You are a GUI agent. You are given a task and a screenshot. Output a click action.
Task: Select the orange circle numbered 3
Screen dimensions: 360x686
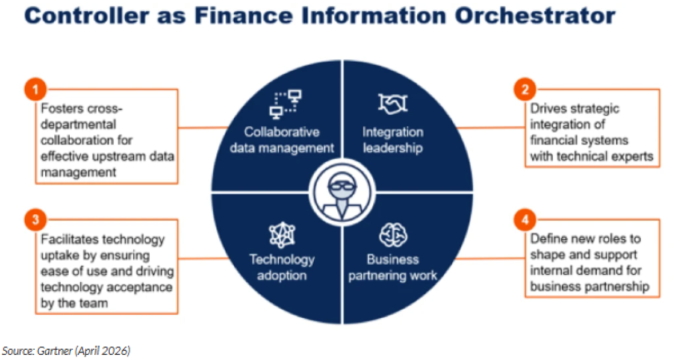pyautogui.click(x=35, y=220)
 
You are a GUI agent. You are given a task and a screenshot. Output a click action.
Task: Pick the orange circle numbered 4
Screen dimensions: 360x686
pyautogui.click(x=525, y=220)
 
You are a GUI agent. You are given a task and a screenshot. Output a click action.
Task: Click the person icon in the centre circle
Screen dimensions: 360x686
pyautogui.click(x=342, y=191)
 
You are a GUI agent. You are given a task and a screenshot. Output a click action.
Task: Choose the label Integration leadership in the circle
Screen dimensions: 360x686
pyautogui.click(x=392, y=141)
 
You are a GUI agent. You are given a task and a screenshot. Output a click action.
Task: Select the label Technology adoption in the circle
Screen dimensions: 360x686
pyautogui.click(x=281, y=267)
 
